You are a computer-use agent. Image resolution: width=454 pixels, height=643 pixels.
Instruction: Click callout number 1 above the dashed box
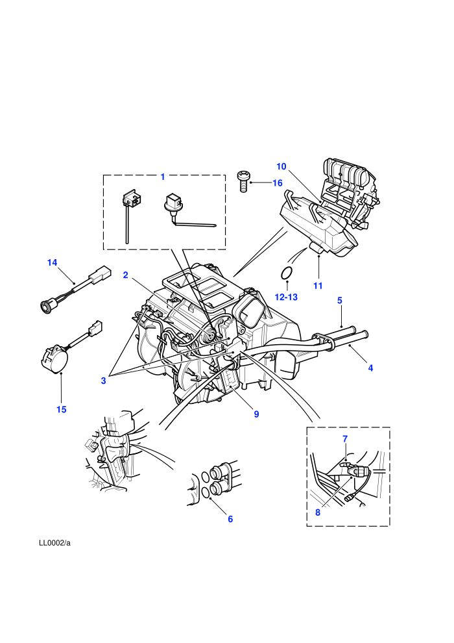tap(163, 177)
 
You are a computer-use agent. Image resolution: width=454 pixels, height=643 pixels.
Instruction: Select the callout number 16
tap(278, 183)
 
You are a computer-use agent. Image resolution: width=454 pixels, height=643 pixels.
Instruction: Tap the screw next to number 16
tap(243, 182)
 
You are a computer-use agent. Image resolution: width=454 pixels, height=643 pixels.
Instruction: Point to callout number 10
tap(281, 166)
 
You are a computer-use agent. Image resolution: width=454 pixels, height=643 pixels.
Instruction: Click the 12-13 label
tap(286, 297)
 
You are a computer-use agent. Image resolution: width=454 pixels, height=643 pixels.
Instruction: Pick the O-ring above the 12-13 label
tap(287, 273)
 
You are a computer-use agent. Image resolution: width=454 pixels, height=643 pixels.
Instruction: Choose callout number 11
tap(318, 286)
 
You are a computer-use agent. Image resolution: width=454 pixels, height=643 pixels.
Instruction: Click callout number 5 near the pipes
tap(340, 300)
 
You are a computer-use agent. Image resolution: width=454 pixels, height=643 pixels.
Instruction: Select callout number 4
tap(370, 368)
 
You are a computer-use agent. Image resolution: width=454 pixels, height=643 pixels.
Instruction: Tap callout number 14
tap(53, 262)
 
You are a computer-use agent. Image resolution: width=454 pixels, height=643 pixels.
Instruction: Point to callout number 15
tap(62, 409)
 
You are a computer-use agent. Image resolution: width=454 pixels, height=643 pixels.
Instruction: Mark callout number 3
tap(103, 381)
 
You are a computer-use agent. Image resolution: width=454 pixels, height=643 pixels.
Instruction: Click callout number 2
tap(126, 275)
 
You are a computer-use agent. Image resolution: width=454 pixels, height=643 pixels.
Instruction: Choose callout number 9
tap(256, 414)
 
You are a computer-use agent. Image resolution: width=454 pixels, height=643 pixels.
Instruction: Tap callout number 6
tap(230, 519)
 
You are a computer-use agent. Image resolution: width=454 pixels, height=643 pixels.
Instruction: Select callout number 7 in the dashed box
tap(345, 439)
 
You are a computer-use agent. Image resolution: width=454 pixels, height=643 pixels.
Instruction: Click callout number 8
tap(318, 512)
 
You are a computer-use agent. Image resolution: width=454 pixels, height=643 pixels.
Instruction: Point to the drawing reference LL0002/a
tap(55, 543)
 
